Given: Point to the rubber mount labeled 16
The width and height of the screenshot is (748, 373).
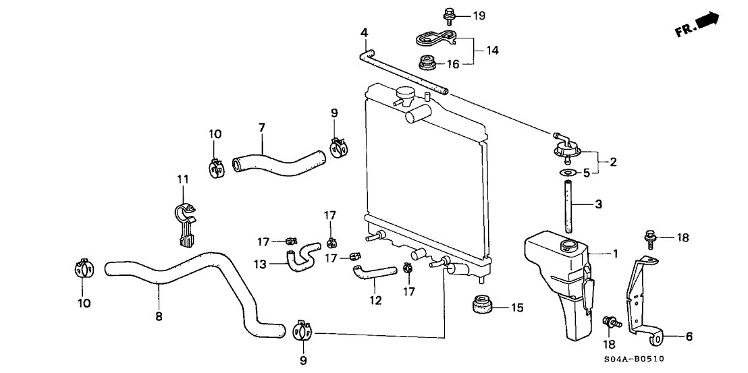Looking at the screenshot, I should click(427, 64).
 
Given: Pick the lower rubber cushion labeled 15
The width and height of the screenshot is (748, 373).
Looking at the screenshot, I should click(481, 308).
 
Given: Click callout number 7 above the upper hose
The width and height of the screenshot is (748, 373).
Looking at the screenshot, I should click(261, 127).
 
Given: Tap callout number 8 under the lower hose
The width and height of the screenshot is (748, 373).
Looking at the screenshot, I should click(159, 316).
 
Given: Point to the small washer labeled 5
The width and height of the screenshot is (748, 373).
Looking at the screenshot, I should click(566, 174).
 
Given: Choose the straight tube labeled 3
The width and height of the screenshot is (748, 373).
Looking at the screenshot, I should click(567, 204).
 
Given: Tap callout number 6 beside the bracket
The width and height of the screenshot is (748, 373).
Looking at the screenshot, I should click(689, 335).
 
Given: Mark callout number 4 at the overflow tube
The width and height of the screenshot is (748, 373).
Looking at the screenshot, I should click(364, 32).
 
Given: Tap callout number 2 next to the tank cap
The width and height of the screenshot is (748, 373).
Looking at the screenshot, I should click(613, 162).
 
